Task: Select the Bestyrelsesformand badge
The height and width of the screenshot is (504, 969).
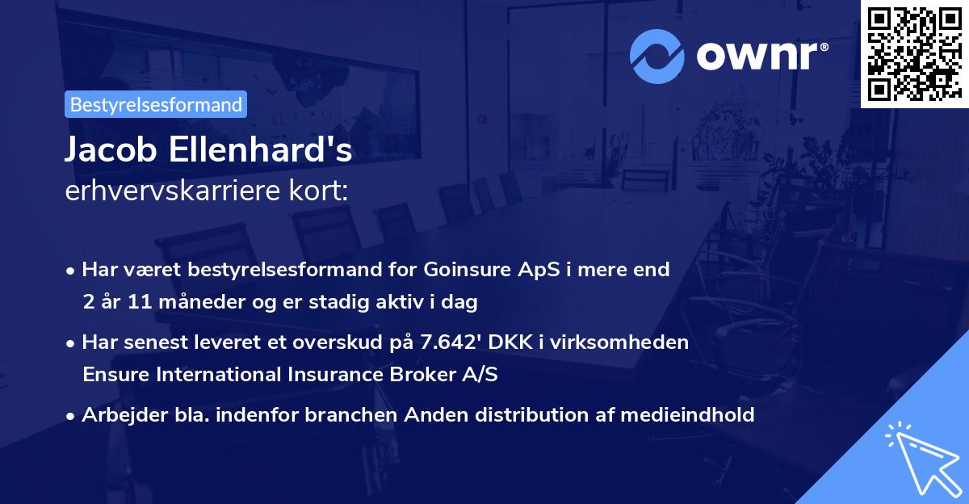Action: [x=156, y=104]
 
